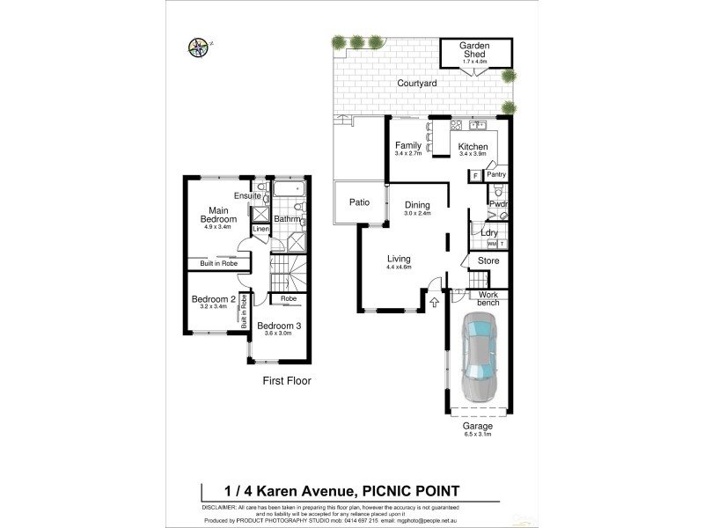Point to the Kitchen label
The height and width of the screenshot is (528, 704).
pyautogui.click(x=473, y=147)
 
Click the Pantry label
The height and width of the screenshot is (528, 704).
pyautogui.click(x=495, y=175)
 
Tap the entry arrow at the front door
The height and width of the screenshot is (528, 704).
pyautogui.click(x=434, y=304)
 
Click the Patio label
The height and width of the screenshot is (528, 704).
pyautogui.click(x=358, y=202)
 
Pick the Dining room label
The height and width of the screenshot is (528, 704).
pyautogui.click(x=419, y=205)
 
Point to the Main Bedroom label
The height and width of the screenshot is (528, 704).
pyautogui.click(x=218, y=214)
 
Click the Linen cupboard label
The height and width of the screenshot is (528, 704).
pyautogui.click(x=260, y=230)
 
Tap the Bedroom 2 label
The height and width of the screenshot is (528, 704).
pyautogui.click(x=213, y=299)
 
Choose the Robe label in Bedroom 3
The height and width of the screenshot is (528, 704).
pyautogui.click(x=289, y=299)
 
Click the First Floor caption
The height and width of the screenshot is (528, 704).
pyautogui.click(x=287, y=381)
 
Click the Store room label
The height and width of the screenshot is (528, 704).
pyautogui.click(x=488, y=260)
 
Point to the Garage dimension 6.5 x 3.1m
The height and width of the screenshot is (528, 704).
pyautogui.click(x=479, y=433)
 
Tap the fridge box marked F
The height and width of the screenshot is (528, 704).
pyautogui.click(x=475, y=175)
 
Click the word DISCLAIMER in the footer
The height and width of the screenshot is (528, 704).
pyautogui.click(x=224, y=508)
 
